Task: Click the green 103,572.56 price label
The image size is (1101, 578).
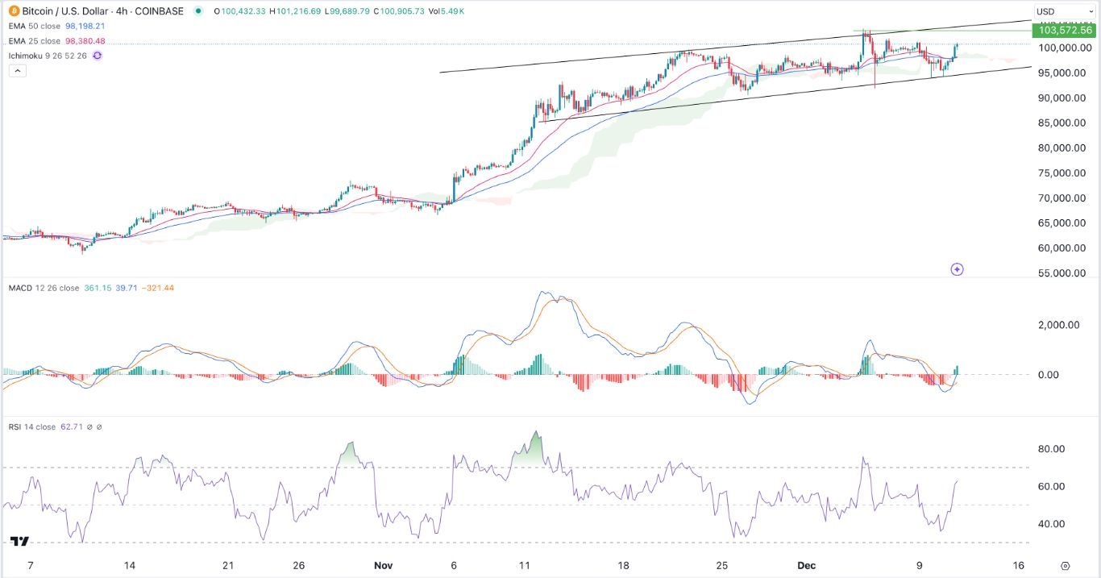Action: coord(1066,31)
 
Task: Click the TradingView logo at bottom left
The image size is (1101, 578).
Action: coord(20,542)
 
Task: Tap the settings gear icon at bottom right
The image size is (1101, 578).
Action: coord(1066,566)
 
